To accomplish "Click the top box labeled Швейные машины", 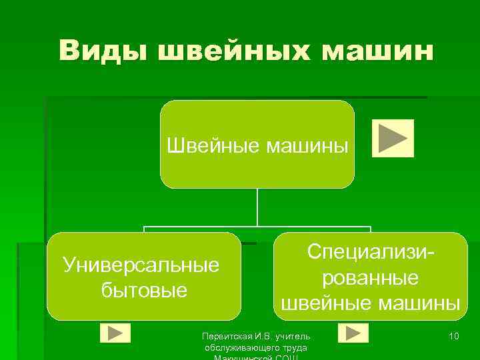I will point(257,144).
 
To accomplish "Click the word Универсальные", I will point(141,265).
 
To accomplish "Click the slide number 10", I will point(453,336).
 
